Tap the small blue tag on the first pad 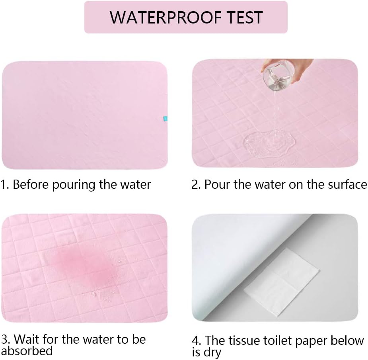[x=166, y=119]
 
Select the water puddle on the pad [x=269, y=143]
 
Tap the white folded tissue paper [x=282, y=282]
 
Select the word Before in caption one [x=31, y=184]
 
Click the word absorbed [x=27, y=351]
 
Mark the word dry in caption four [x=212, y=353]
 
